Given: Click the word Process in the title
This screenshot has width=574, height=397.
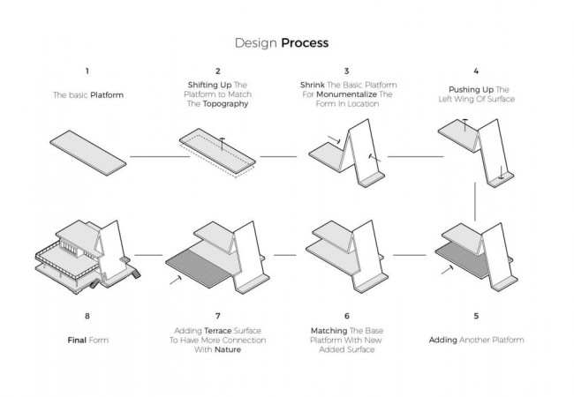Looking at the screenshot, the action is click(305, 42).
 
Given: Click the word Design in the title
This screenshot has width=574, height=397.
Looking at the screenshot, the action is click(255, 43).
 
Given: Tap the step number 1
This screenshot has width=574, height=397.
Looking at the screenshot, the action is click(87, 71).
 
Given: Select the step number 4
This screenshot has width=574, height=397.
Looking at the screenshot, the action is click(476, 71).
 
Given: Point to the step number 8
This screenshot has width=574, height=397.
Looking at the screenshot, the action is click(87, 316).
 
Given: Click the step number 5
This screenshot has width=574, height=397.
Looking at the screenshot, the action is click(476, 316).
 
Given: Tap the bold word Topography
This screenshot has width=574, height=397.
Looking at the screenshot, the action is click(225, 104).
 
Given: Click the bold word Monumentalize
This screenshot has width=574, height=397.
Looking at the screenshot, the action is click(346, 94).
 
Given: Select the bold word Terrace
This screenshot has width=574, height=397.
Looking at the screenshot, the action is click(218, 331).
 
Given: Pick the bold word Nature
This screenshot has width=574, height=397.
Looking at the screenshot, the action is click(228, 350).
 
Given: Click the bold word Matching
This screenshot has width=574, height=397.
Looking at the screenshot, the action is click(329, 331).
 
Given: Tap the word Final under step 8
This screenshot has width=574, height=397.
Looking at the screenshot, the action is click(77, 341).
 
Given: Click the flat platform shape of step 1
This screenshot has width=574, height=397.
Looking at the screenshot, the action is click(88, 153).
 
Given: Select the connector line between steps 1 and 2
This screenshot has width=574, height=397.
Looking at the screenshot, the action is click(160, 156).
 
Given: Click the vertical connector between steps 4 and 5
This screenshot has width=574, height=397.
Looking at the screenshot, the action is click(475, 201).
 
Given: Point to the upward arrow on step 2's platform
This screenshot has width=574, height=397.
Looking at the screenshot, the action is click(223, 144).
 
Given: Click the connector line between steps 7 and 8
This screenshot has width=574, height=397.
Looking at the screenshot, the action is click(148, 255).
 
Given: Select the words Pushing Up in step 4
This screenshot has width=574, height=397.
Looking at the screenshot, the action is click(472, 90).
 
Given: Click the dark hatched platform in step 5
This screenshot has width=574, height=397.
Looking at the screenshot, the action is click(462, 258).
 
